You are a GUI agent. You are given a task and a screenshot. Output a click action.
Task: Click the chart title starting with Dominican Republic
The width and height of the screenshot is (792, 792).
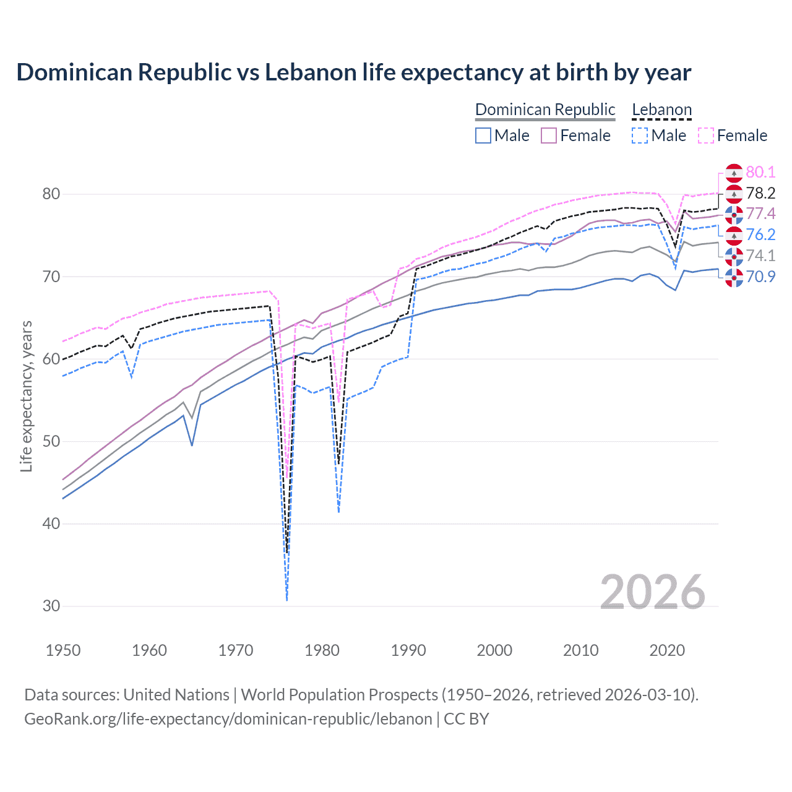353,72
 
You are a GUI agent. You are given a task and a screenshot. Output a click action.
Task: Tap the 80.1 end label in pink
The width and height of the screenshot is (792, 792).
760,172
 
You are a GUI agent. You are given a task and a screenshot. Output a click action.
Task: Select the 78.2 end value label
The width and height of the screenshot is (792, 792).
760,193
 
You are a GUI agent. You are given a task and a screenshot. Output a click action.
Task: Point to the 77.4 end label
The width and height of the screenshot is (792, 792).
760,213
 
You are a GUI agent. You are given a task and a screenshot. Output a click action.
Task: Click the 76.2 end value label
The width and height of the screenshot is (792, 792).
760,235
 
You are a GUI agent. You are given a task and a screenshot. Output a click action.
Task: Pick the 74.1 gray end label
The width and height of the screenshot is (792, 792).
760,256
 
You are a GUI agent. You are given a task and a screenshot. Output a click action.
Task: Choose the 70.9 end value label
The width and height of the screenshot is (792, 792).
760,277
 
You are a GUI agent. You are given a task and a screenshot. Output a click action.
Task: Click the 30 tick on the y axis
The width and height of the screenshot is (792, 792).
51,606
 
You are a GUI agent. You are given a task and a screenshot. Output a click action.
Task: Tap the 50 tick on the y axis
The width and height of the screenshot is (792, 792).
51,441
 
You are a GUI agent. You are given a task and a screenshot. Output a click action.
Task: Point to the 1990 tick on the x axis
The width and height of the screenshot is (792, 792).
408,650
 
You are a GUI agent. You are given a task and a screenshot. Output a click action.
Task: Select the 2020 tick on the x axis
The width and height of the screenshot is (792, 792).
667,650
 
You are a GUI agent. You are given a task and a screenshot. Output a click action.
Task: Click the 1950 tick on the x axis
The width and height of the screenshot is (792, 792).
63,650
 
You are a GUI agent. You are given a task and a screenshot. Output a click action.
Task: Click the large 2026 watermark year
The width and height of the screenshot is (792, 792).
652,592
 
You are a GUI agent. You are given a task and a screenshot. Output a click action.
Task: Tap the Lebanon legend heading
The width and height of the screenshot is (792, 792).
661,110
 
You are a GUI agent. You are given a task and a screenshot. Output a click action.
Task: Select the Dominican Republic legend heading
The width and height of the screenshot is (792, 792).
545,110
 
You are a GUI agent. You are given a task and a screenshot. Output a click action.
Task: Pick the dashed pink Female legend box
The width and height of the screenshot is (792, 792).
705,136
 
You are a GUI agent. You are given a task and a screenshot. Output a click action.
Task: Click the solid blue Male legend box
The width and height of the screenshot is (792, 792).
483,136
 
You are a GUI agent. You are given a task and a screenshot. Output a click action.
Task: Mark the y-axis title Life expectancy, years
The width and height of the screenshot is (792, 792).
26,396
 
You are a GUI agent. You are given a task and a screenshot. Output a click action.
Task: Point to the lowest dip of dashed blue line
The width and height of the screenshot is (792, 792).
287,599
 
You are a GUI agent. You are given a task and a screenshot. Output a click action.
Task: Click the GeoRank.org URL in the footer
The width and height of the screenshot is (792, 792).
228,719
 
